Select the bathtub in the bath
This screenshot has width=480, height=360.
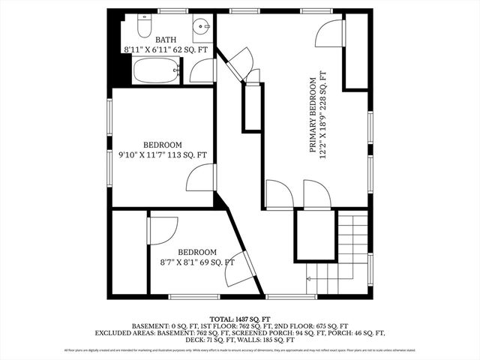click(156, 73)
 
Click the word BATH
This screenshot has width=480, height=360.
click(166, 40)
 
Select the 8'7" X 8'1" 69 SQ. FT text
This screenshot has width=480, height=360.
click(197, 262)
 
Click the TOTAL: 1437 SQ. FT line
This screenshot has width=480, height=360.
click(239, 318)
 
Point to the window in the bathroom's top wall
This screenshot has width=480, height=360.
click(172, 12)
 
